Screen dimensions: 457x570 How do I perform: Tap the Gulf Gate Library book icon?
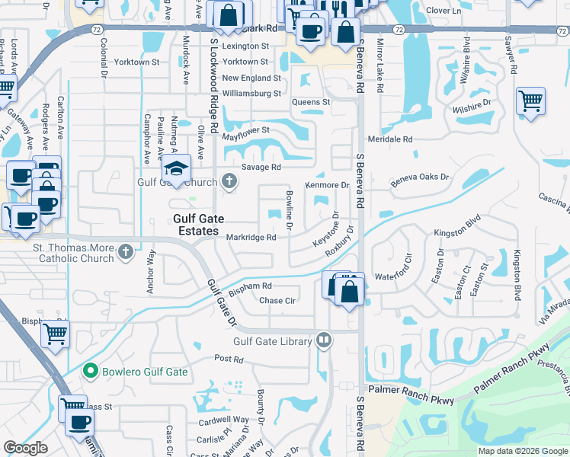(324, 340)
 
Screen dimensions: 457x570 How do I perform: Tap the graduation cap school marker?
(177, 168)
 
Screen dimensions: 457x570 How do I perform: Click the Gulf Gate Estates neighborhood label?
(196, 225)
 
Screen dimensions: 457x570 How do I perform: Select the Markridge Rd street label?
(251, 238)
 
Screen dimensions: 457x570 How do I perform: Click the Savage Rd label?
(261, 168)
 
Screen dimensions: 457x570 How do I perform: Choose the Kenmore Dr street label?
(327, 185)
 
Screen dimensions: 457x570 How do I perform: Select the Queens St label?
(311, 102)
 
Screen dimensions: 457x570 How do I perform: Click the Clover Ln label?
(444, 11)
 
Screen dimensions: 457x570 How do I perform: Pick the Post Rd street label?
(229, 359)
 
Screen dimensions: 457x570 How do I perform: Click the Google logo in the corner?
(25, 448)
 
